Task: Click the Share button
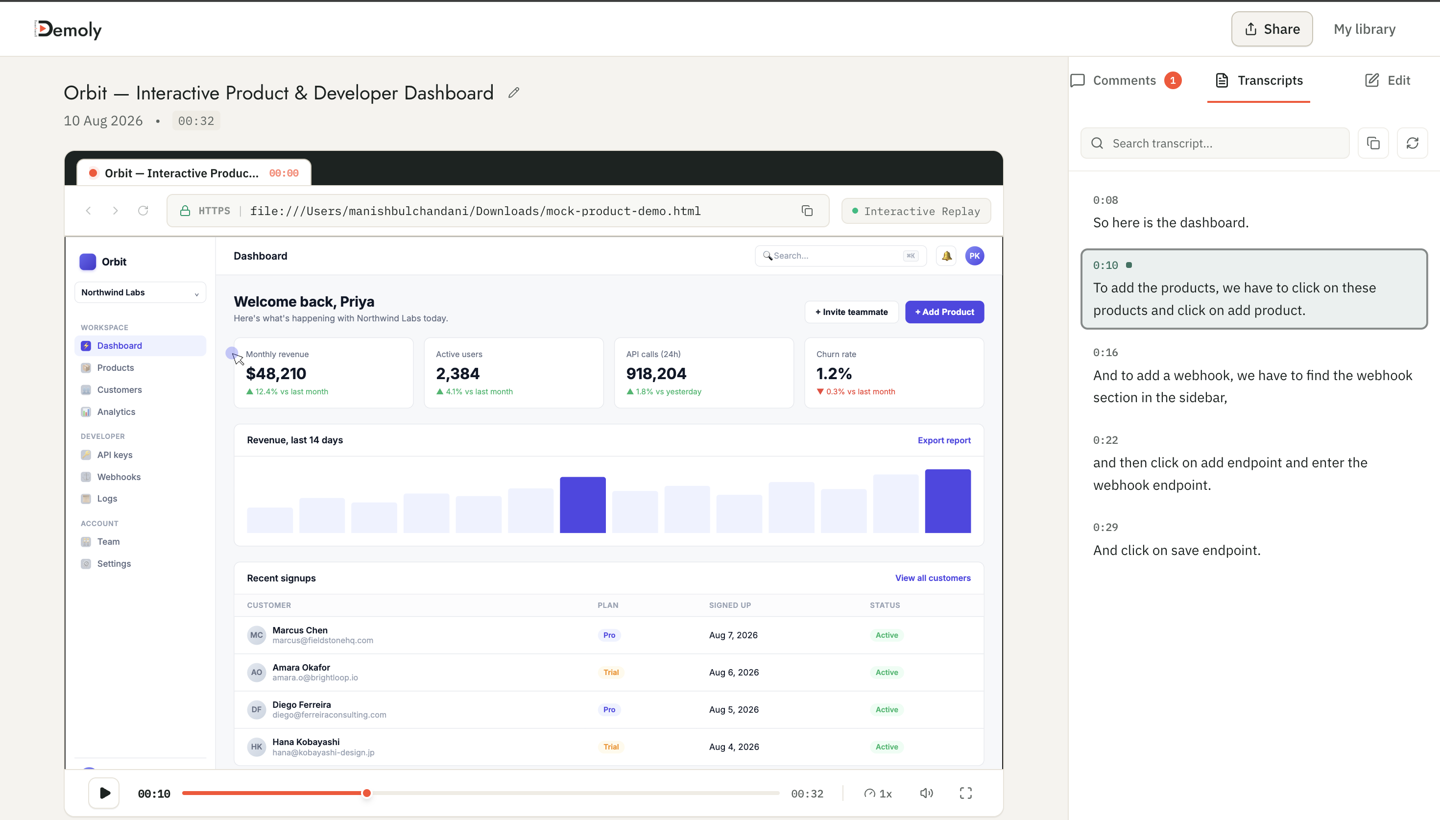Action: pos(1271,29)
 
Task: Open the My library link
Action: pos(1364,29)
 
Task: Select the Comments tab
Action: pos(1125,80)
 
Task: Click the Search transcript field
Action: pos(1214,143)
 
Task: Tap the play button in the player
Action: pos(104,793)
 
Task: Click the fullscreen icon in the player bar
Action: pos(965,793)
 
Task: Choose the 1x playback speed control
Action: pos(878,793)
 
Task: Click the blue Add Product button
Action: pos(944,312)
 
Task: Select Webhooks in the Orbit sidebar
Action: pos(118,477)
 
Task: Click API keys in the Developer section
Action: pos(114,455)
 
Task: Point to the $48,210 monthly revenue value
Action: pos(276,373)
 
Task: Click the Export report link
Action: pos(943,440)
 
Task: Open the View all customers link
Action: pos(932,578)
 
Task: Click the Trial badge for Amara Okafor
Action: pos(611,673)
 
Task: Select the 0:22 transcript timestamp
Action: pos(1105,440)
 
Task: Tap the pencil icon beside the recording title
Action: pos(513,93)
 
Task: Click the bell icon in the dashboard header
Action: pos(946,256)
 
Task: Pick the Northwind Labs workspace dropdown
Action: pos(140,292)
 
